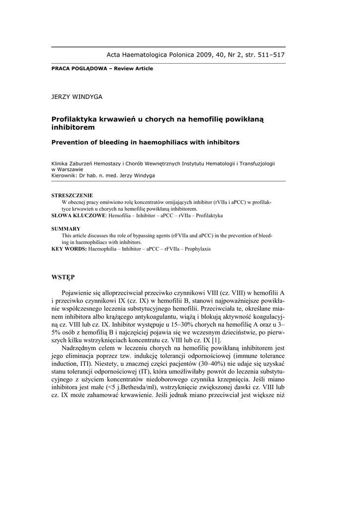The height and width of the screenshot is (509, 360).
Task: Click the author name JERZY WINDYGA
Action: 77,97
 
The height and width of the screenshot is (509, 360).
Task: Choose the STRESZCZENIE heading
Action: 72,195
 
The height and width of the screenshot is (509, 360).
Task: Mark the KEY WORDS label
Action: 69,249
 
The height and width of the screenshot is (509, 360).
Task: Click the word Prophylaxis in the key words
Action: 197,249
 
